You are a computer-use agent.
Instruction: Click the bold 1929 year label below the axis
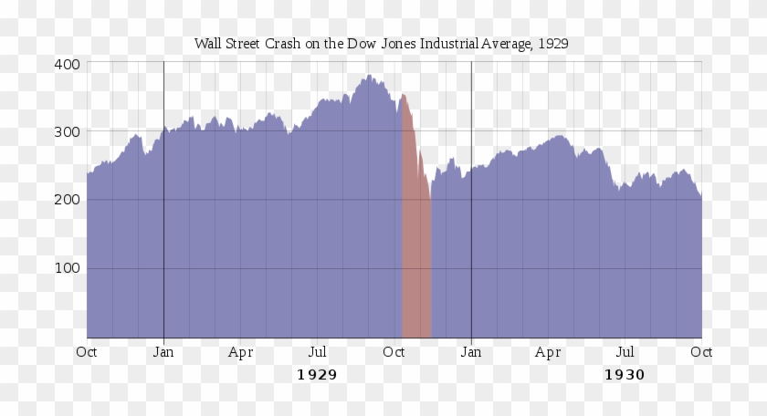pos(317,375)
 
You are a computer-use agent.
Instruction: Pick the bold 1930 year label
pos(625,375)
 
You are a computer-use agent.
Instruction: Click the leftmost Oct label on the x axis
pos(87,351)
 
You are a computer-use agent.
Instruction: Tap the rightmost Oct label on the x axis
pos(701,351)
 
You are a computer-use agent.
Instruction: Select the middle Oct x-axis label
pos(394,351)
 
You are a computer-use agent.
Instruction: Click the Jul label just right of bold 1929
pos(317,351)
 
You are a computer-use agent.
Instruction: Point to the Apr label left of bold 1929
pos(240,351)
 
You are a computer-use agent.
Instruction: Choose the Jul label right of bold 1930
pos(625,351)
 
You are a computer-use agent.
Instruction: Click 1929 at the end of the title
pos(555,44)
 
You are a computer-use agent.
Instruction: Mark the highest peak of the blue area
pos(369,76)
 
